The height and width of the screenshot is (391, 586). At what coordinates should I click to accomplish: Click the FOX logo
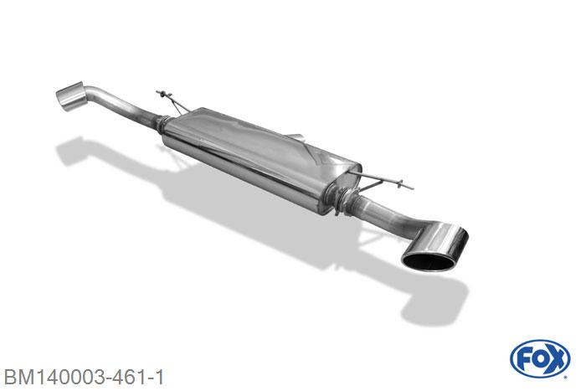540,359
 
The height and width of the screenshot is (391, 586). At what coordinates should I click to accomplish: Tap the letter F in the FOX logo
523,359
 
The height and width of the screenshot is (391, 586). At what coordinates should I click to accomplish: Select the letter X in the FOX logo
557,359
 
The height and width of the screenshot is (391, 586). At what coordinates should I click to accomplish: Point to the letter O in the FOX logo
539,359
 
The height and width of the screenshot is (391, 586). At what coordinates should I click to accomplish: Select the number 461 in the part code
130,378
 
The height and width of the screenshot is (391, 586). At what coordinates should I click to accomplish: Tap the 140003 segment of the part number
70,378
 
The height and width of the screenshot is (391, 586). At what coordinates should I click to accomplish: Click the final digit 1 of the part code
160,378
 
